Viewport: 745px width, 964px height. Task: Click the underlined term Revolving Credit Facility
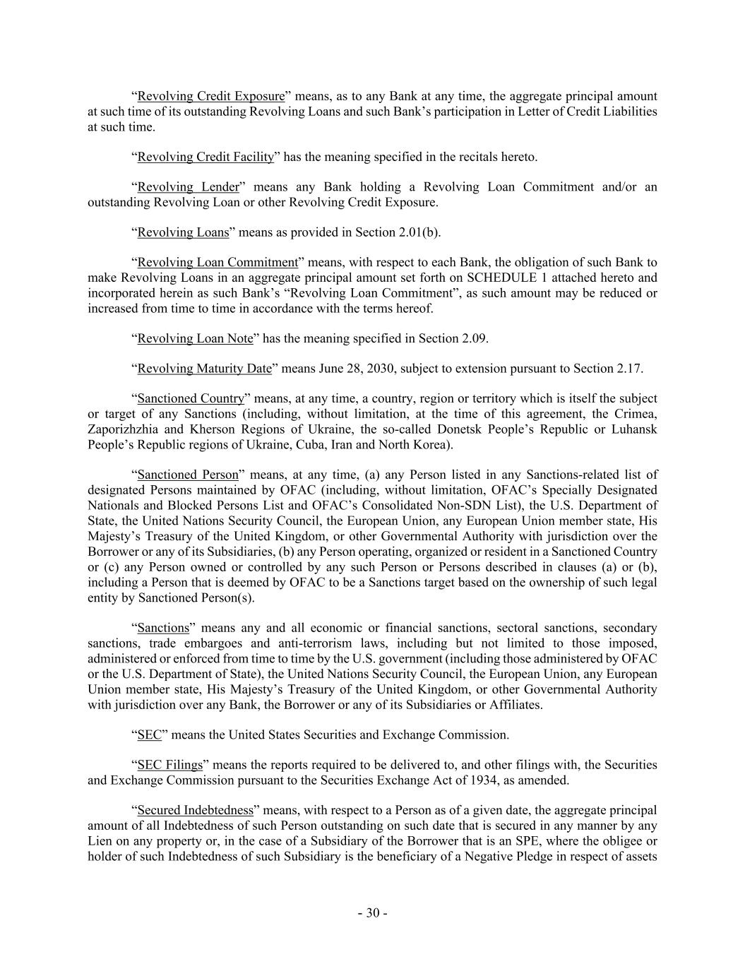point(205,157)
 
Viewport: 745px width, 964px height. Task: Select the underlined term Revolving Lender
point(188,187)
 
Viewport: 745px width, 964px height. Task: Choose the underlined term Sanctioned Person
point(188,475)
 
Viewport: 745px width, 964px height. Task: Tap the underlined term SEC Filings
point(169,765)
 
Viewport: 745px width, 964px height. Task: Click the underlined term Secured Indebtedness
point(195,811)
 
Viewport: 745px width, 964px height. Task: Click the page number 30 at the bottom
point(372,913)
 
